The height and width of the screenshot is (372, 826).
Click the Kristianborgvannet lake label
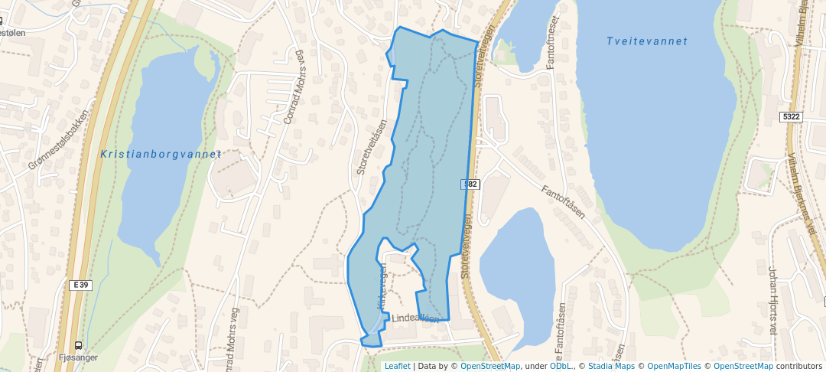tap(161, 154)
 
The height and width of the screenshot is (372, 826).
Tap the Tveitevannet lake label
tap(647, 41)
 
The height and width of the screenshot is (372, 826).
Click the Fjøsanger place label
tap(78, 357)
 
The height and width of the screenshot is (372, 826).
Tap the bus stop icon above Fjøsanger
tap(79, 345)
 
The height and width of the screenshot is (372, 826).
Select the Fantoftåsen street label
tap(563, 201)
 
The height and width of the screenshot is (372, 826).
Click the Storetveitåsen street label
tap(372, 146)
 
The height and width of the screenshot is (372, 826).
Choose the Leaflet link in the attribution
tap(397, 366)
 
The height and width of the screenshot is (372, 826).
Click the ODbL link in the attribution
tap(561, 366)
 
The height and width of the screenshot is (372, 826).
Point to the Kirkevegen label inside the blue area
tap(382, 287)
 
